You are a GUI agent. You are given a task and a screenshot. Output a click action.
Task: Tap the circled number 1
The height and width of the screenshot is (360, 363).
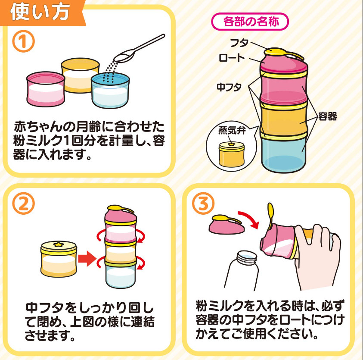pyautogui.click(x=23, y=41)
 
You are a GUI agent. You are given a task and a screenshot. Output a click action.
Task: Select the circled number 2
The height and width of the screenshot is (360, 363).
pyautogui.click(x=23, y=203)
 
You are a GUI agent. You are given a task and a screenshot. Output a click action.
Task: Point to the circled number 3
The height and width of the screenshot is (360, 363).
pyautogui.click(x=203, y=203)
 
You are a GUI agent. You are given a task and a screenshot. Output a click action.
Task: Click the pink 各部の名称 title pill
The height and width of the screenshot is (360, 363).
pyautogui.click(x=250, y=22)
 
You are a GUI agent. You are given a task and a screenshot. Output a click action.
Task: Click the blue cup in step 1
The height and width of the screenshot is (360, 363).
pyautogui.click(x=110, y=90)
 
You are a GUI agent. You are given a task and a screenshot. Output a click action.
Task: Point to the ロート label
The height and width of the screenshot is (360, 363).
pyautogui.click(x=232, y=58)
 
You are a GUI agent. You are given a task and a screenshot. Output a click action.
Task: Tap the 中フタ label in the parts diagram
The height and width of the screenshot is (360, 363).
pyautogui.click(x=229, y=87)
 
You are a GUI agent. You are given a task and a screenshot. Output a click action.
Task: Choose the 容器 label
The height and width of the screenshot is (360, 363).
pyautogui.click(x=327, y=116)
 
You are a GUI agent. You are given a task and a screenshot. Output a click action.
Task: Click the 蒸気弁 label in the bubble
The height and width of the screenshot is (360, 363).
pyautogui.click(x=232, y=131)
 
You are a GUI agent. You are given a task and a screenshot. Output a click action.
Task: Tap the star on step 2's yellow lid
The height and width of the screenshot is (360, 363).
pyautogui.click(x=58, y=244)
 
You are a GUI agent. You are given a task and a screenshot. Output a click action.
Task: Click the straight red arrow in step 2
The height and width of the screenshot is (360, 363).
pyautogui.click(x=87, y=258)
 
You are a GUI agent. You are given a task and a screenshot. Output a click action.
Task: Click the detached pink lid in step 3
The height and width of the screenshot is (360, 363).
pyautogui.click(x=226, y=224)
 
